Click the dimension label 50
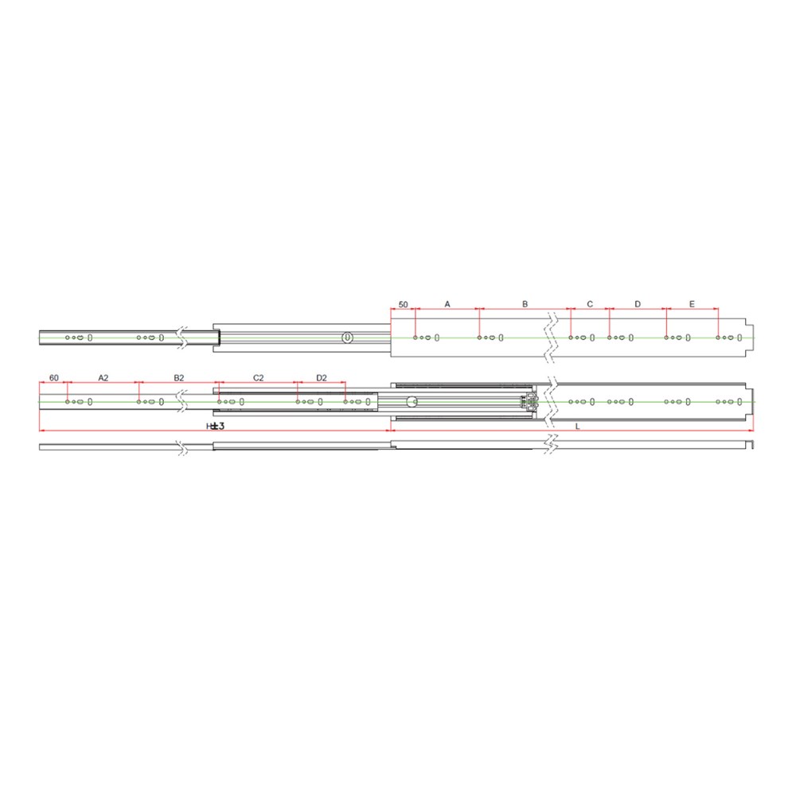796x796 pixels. coord(403,305)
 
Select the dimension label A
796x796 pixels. coord(447,304)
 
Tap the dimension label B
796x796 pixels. coord(525,304)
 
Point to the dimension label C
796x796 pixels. coord(590,304)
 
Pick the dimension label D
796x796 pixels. coord(638,304)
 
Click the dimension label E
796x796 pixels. coord(692,304)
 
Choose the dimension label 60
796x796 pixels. coord(54,377)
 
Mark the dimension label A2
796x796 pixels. coord(103,377)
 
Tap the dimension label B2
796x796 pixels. coord(178,377)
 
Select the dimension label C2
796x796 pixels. coord(259,377)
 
